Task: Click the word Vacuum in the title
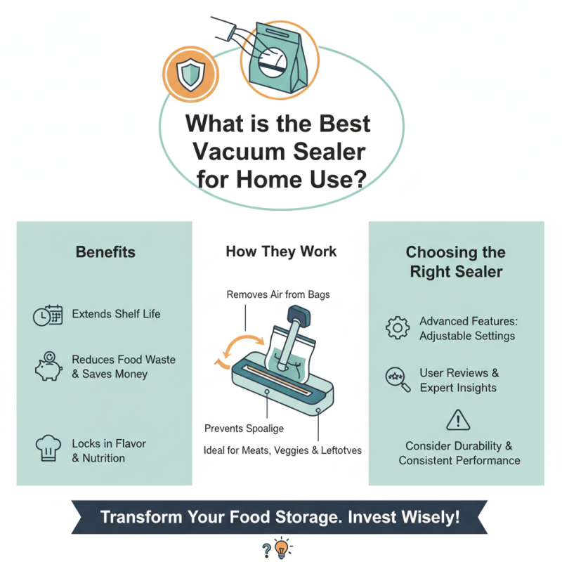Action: (232, 151)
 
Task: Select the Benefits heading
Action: (105, 251)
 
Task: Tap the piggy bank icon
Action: (48, 367)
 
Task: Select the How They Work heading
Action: (281, 251)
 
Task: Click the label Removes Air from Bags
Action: (278, 294)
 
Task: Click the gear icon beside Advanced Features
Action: (398, 327)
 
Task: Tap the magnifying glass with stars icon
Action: (397, 379)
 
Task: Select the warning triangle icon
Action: (457, 421)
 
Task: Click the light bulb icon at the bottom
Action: (282, 549)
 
